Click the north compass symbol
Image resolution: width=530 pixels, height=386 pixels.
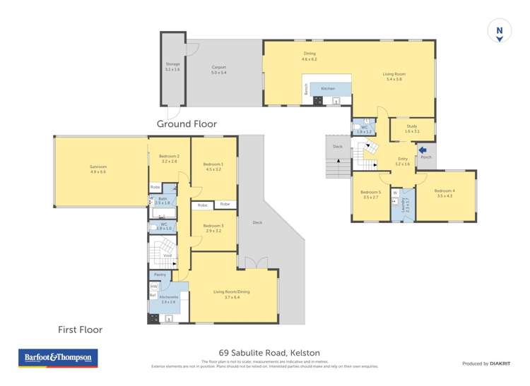tap(499, 30)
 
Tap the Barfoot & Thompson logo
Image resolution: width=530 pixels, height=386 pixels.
tap(58, 358)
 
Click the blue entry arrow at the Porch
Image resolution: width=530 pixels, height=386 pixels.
tap(422, 149)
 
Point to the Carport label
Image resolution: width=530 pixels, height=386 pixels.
tap(219, 69)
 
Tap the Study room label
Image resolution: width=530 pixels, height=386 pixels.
tap(412, 129)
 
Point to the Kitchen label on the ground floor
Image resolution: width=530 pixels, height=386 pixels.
tap(328, 88)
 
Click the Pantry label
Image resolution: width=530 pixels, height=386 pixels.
tap(160, 275)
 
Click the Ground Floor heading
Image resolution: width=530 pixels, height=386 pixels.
tap(186, 123)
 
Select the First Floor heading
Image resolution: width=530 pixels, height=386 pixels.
tap(80, 330)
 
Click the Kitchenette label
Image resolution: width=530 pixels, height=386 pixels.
tap(167, 300)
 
